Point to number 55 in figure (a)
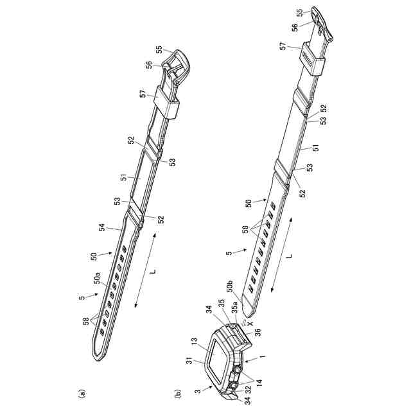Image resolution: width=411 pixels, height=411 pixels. tap(158, 48)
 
